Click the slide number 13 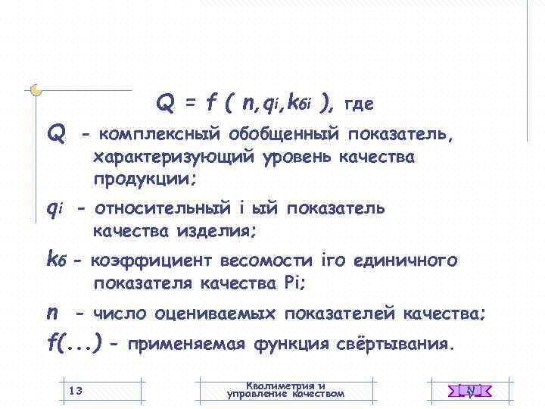pos(75,390)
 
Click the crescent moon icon pos(36,90)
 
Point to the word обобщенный pos(284,135)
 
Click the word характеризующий pos(175,158)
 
